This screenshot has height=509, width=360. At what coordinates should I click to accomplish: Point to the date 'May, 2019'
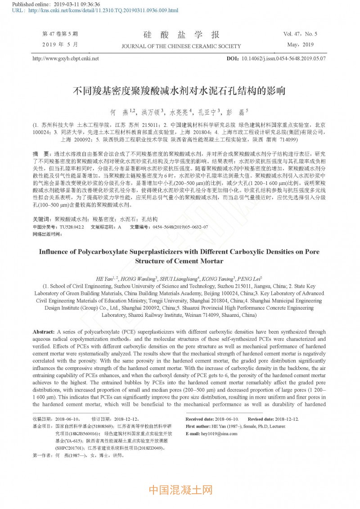tap(300, 45)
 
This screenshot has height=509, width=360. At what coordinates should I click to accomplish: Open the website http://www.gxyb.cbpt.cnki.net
tap(66, 59)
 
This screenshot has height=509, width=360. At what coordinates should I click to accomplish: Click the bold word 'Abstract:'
tap(44, 331)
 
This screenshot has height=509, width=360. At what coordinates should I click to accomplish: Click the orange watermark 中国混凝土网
tap(180, 490)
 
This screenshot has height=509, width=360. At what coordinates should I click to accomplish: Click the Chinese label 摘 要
tap(43, 153)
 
